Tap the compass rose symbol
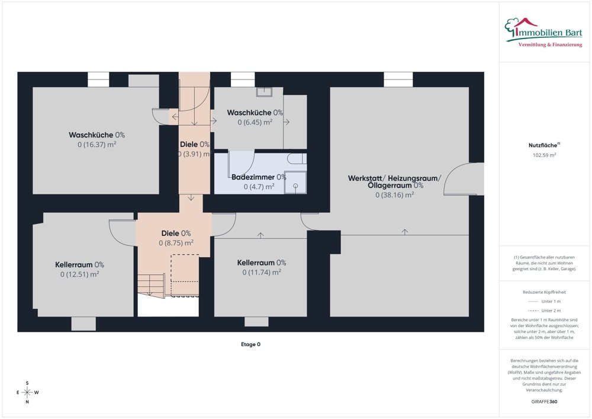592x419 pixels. tap(27, 392)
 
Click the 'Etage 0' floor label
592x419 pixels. tap(250, 344)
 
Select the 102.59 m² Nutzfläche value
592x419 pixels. tap(545, 155)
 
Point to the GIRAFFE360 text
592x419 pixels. tap(545, 401)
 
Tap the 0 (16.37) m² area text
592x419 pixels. tap(96, 144)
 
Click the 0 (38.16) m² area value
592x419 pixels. tap(394, 194)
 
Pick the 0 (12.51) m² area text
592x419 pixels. tap(79, 274)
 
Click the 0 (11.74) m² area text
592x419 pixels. tap(261, 272)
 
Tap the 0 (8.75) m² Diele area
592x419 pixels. tap(176, 242)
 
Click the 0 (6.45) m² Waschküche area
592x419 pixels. tap(255, 122)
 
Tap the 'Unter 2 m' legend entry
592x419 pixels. tap(545, 311)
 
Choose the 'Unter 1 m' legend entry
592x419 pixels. tap(545, 301)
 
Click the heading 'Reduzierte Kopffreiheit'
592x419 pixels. tap(545, 292)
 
